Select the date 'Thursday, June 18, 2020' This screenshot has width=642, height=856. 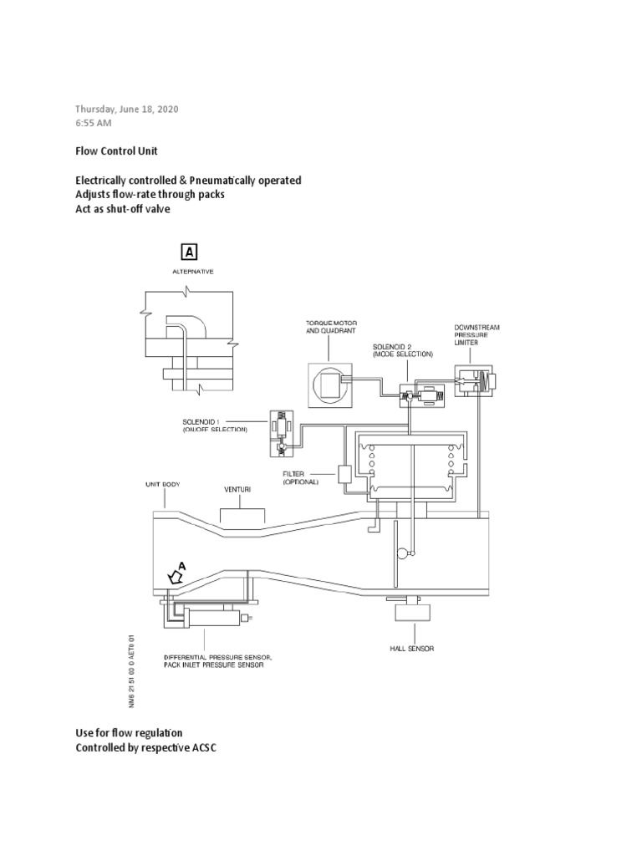(x=127, y=109)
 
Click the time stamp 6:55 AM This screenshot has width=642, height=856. (x=94, y=123)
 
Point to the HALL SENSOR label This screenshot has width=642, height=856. (x=411, y=648)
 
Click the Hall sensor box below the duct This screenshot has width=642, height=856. (x=411, y=614)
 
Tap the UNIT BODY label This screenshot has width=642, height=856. (x=163, y=485)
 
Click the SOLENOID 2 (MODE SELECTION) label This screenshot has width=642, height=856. (x=403, y=349)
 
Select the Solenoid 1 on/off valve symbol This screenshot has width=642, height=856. (x=281, y=432)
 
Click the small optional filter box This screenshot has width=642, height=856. (x=345, y=474)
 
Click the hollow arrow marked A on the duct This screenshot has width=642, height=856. (x=176, y=576)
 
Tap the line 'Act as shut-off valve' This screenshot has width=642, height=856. (x=122, y=209)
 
